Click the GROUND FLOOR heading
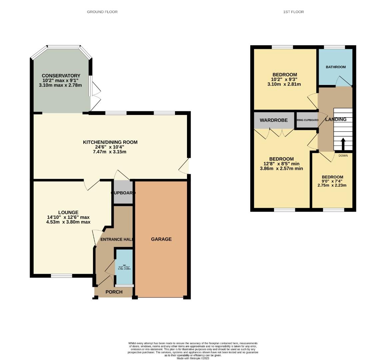102,12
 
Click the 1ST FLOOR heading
293,12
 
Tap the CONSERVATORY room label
61,76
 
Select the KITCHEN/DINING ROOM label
110,142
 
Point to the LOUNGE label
68,212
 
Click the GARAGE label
161,239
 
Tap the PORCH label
114,292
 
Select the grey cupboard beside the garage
123,192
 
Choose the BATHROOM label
336,67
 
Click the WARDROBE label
274,120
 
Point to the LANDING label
336,119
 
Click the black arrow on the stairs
343,144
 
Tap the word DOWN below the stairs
343,156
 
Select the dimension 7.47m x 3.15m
110,152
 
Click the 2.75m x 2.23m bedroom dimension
332,185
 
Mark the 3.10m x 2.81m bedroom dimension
284,84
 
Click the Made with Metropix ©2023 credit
193,358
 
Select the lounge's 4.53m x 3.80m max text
68,222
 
